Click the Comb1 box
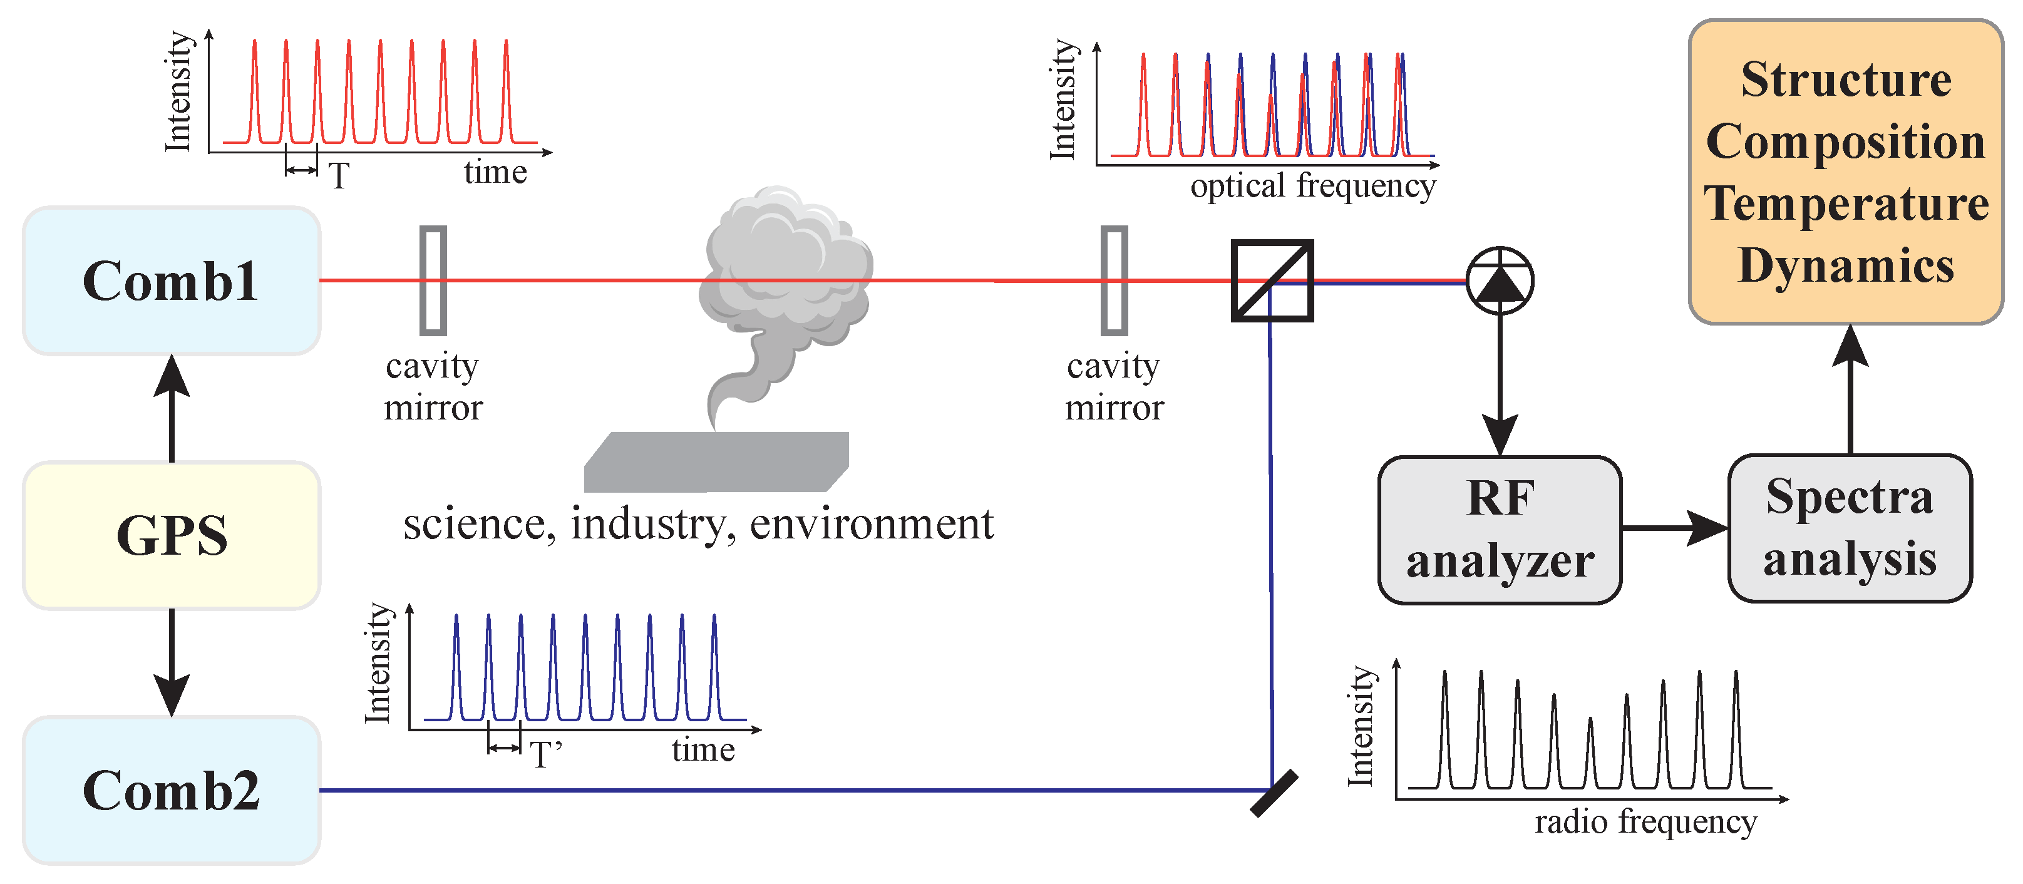click(x=171, y=281)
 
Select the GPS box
click(x=171, y=535)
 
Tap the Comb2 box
click(x=171, y=790)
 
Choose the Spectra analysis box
click(x=1850, y=528)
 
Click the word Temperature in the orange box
click(x=1846, y=204)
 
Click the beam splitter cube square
click(x=1272, y=281)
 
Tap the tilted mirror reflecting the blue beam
click(x=1273, y=794)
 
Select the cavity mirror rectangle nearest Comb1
click(x=433, y=280)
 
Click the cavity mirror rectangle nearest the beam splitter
click(x=1114, y=280)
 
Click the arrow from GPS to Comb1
click(x=171, y=408)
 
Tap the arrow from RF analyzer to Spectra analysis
click(x=1674, y=528)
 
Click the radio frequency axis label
click(x=1645, y=823)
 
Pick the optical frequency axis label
click(x=1312, y=187)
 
